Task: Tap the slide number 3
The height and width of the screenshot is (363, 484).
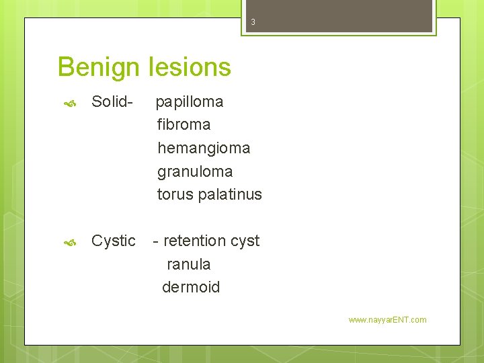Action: click(x=253, y=22)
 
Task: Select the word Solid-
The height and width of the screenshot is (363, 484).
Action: click(x=112, y=102)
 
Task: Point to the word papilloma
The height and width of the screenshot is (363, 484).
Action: click(x=190, y=102)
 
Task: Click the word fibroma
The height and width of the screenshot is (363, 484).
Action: click(x=184, y=124)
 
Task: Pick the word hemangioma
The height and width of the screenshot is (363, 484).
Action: click(x=204, y=148)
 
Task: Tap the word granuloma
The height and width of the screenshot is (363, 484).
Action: click(x=195, y=171)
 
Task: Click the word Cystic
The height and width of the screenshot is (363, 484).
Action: click(x=114, y=241)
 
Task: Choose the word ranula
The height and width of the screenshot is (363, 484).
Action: click(x=188, y=264)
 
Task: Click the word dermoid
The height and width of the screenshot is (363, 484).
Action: click(x=191, y=287)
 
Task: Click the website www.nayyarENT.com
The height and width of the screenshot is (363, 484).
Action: click(x=387, y=320)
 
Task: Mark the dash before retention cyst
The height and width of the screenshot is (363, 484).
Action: click(x=156, y=241)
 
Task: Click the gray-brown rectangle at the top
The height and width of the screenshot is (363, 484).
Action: click(x=337, y=15)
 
